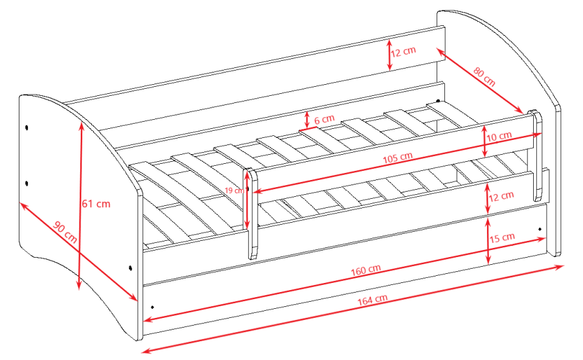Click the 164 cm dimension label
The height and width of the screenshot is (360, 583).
372,300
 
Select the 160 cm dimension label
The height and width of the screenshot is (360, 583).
366,269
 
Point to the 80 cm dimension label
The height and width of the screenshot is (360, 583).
484,76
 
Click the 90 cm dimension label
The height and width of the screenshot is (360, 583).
65,232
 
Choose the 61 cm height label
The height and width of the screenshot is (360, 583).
96,203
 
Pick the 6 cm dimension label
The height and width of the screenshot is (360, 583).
324,119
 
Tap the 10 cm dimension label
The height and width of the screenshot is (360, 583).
499,137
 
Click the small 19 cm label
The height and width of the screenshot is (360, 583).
234,190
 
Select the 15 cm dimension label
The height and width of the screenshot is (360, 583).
502,238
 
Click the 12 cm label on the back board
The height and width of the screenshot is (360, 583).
403,51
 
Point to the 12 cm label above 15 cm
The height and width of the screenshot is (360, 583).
501,195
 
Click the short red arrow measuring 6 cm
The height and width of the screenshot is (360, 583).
307,120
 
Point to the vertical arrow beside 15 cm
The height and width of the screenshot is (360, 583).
488,240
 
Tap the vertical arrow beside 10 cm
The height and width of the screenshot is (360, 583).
485,141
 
